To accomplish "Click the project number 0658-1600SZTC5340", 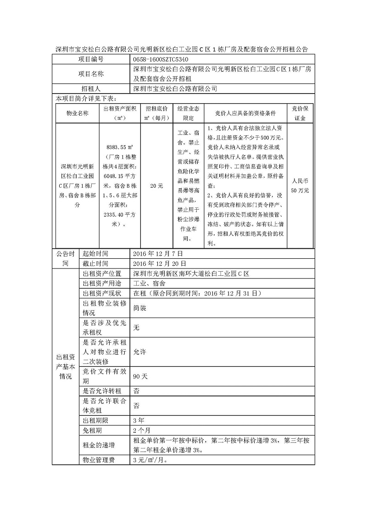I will click(x=160, y=59).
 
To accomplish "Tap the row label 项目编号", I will click(x=91, y=59).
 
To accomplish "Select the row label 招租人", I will click(x=91, y=89).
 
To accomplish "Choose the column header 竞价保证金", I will click(x=300, y=113).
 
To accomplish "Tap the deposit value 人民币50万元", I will click(x=300, y=186).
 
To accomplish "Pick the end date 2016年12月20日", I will click(x=159, y=263).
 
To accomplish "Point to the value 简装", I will click(x=139, y=308).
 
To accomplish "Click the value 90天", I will click(x=140, y=376).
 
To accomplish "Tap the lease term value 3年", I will click(x=138, y=420).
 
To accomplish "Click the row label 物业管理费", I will click(x=98, y=460).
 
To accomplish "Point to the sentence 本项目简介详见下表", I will click(x=86, y=98).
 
